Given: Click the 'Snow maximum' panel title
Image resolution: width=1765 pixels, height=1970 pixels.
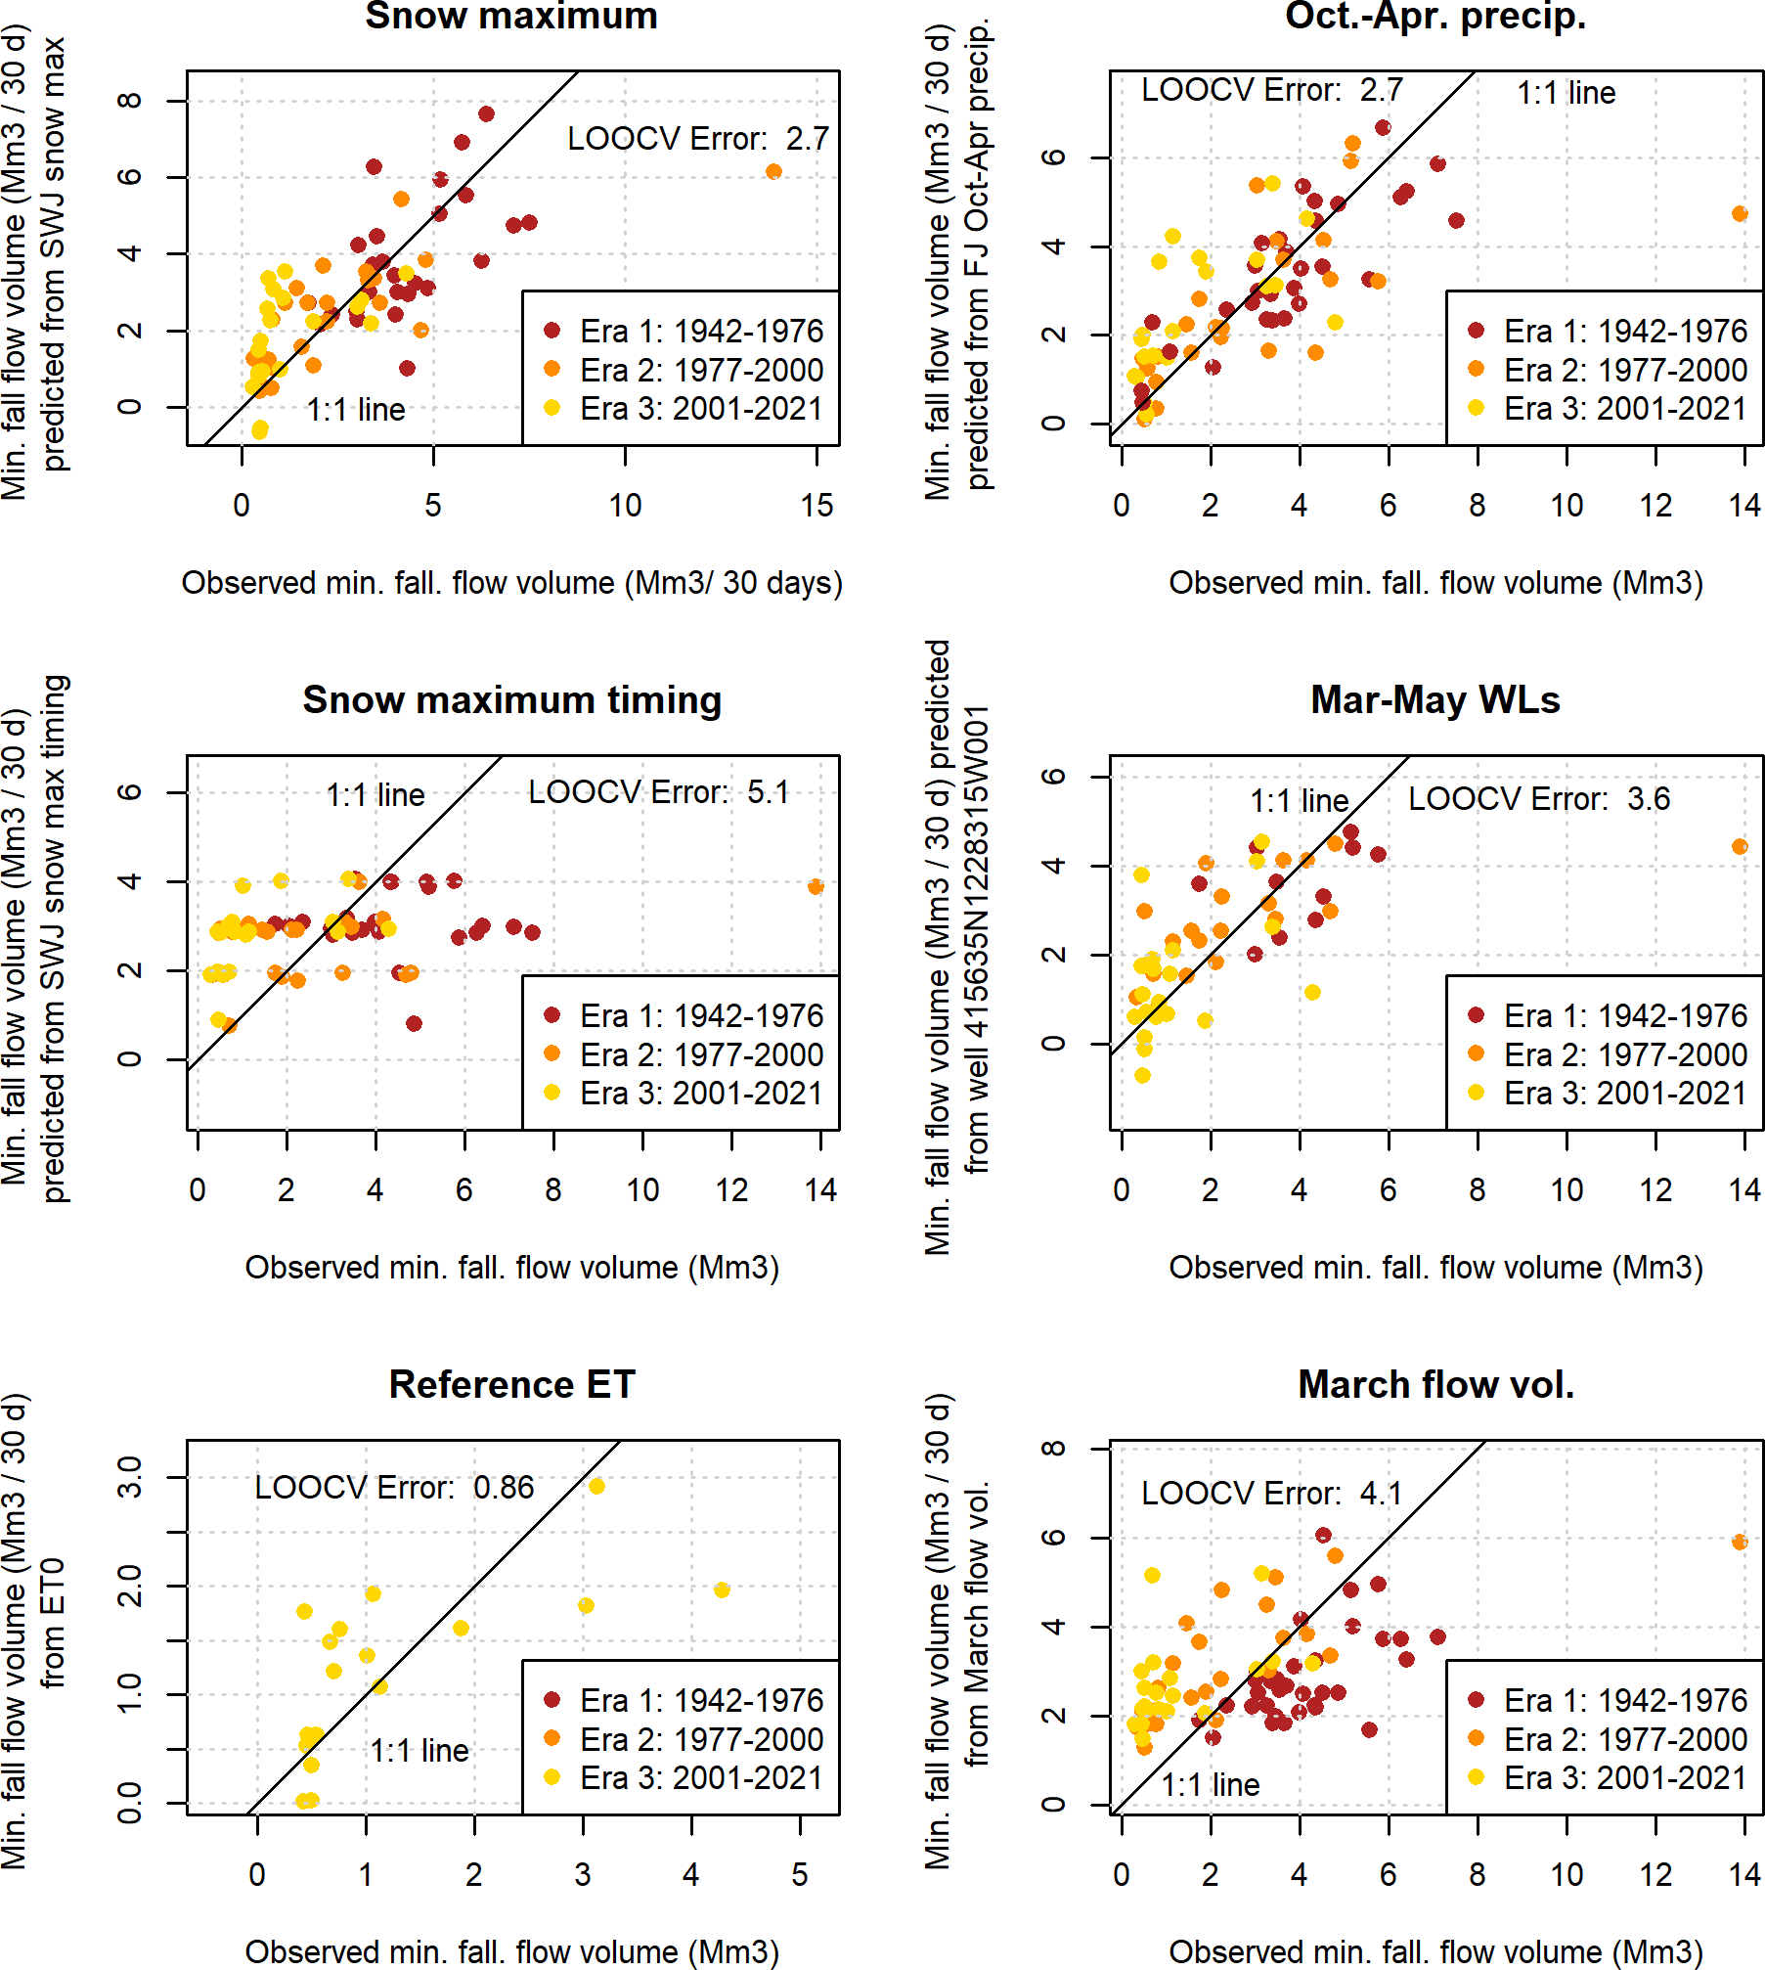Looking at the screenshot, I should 510,16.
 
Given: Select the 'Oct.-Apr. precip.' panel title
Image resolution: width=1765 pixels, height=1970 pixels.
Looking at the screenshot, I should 1434,16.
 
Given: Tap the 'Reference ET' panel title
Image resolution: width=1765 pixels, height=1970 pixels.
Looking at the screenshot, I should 511,1384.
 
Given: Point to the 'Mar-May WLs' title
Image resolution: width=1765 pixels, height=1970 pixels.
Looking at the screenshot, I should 1434,699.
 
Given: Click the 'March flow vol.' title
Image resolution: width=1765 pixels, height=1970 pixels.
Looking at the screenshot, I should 1435,1384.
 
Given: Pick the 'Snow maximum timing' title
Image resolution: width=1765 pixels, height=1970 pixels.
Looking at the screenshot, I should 511,699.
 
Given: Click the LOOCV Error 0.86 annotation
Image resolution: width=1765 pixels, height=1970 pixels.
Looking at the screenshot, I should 394,1488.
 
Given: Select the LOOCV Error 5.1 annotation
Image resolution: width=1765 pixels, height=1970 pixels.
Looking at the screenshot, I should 658,792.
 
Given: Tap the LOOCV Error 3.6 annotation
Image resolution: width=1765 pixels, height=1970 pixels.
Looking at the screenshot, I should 1538,799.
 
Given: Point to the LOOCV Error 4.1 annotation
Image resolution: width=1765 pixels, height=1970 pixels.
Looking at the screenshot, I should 1271,1494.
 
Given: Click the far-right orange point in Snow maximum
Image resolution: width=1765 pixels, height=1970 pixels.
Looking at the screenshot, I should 773,172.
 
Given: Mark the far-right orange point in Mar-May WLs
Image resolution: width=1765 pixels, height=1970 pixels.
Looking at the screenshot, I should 1740,847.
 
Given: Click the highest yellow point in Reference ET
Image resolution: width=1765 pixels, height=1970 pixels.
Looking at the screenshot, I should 596,1486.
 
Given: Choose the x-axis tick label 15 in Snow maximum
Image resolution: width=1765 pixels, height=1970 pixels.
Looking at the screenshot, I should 816,506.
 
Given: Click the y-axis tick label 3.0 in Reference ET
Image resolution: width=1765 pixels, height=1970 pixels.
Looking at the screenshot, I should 129,1477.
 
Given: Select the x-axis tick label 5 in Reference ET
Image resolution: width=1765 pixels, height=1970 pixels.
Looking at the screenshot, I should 800,1875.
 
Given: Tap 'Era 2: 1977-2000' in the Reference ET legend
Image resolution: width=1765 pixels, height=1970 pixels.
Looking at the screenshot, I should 701,1739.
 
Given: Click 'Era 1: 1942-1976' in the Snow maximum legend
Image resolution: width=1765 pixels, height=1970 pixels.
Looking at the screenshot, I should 701,332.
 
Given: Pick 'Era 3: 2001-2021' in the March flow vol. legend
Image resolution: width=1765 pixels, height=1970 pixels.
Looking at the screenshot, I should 1625,1778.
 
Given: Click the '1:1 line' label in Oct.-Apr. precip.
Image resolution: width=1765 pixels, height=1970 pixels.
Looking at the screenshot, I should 1566,93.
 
